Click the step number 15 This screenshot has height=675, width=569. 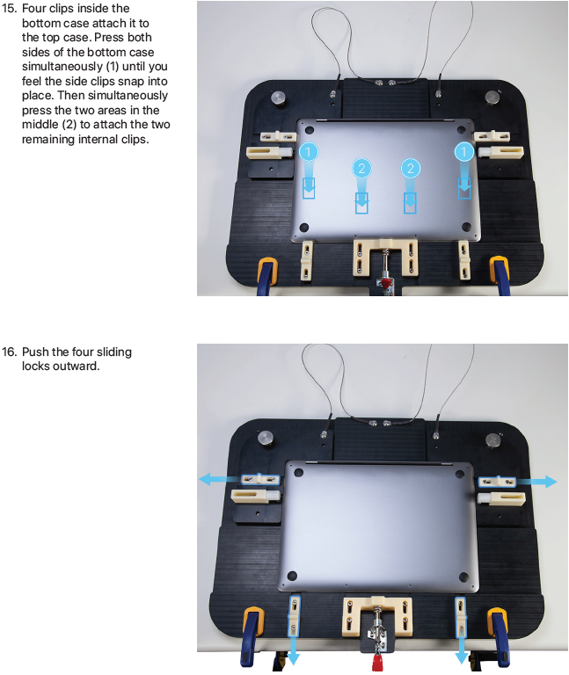(x=9, y=8)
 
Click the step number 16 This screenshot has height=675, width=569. (x=9, y=352)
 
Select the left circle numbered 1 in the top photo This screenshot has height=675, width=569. (x=308, y=151)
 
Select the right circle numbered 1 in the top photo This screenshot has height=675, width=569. (x=463, y=151)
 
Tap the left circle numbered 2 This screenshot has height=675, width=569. (x=361, y=168)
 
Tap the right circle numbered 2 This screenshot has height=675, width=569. (x=411, y=168)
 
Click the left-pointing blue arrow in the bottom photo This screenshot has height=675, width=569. (x=220, y=479)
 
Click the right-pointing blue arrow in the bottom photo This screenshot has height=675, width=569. (x=536, y=481)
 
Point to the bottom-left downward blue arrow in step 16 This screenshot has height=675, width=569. (x=294, y=650)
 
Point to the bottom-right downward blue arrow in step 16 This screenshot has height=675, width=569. (x=462, y=650)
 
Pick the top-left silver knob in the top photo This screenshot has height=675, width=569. (x=280, y=98)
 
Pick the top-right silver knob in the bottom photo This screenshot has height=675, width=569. (x=493, y=440)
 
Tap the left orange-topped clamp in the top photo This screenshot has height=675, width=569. (x=267, y=276)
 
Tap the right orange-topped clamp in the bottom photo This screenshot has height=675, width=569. (x=500, y=637)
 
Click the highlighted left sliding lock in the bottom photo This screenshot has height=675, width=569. (x=260, y=479)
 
